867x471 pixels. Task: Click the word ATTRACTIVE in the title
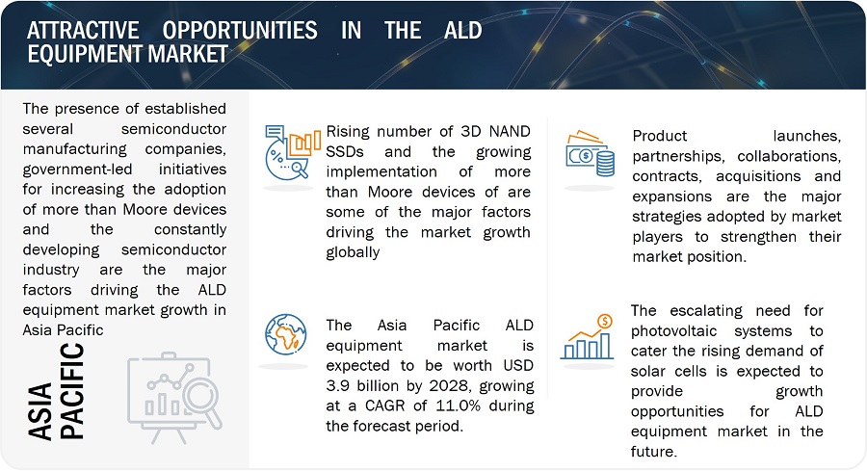[83, 31]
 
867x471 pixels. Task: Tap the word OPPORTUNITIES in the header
[240, 31]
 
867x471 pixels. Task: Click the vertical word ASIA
[39, 411]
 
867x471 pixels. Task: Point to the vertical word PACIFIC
[72, 391]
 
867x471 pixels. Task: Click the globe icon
[285, 334]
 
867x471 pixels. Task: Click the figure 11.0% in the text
[459, 406]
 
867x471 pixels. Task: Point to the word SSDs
[345, 151]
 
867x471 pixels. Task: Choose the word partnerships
[678, 156]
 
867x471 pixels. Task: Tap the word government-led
[77, 170]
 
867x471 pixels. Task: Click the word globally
[353, 252]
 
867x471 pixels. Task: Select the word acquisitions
[758, 176]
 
